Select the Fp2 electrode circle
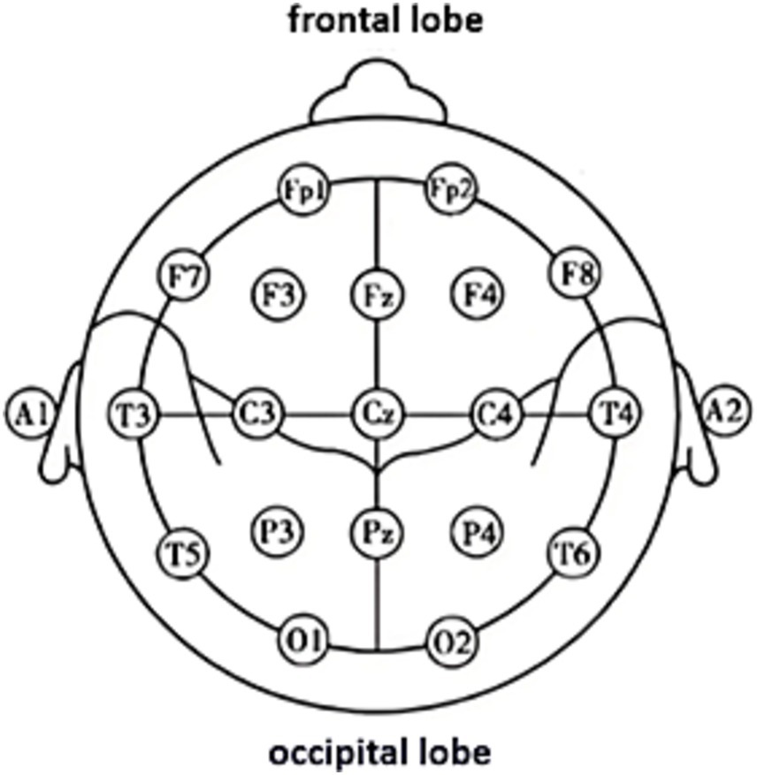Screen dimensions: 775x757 [x=448, y=189]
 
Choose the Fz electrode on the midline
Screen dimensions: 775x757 [x=377, y=293]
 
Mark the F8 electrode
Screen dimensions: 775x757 [x=575, y=275]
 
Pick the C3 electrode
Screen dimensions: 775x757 [x=256, y=412]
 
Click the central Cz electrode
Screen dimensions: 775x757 [x=377, y=412]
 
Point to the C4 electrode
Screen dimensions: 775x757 [x=495, y=412]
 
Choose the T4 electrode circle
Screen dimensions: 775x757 [x=614, y=412]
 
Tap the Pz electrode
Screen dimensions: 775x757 [x=377, y=532]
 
